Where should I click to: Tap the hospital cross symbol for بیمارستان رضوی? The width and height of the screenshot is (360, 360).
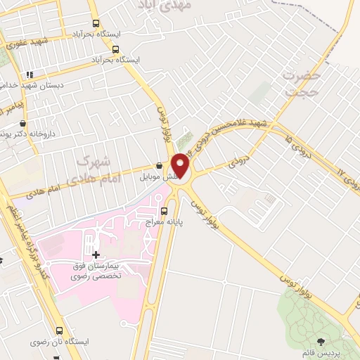pos(96,252)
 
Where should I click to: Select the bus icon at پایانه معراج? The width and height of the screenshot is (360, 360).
pos(165,210)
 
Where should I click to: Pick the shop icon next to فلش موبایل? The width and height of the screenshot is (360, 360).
pos(159,165)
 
